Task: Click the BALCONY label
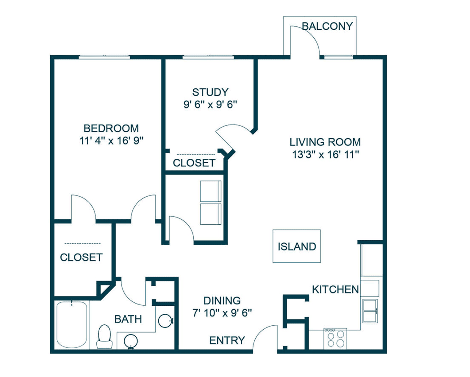click(x=327, y=26)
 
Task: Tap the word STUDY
click(x=210, y=92)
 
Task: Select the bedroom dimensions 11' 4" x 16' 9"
click(x=112, y=141)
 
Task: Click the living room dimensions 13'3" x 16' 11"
click(x=325, y=155)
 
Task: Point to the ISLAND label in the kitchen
click(x=297, y=247)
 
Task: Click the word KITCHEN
click(x=335, y=290)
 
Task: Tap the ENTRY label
click(x=227, y=340)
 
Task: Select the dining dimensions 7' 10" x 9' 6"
click(x=222, y=313)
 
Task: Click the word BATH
click(x=128, y=319)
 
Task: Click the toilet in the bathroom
click(x=104, y=336)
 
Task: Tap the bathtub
click(x=72, y=325)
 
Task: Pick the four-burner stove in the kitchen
click(x=335, y=338)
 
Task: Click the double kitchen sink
click(x=370, y=311)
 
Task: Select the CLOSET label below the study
click(x=194, y=163)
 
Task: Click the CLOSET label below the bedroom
click(x=81, y=257)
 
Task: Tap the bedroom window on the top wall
click(x=104, y=57)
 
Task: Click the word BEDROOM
click(x=111, y=128)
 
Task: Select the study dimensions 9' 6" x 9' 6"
click(x=210, y=105)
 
